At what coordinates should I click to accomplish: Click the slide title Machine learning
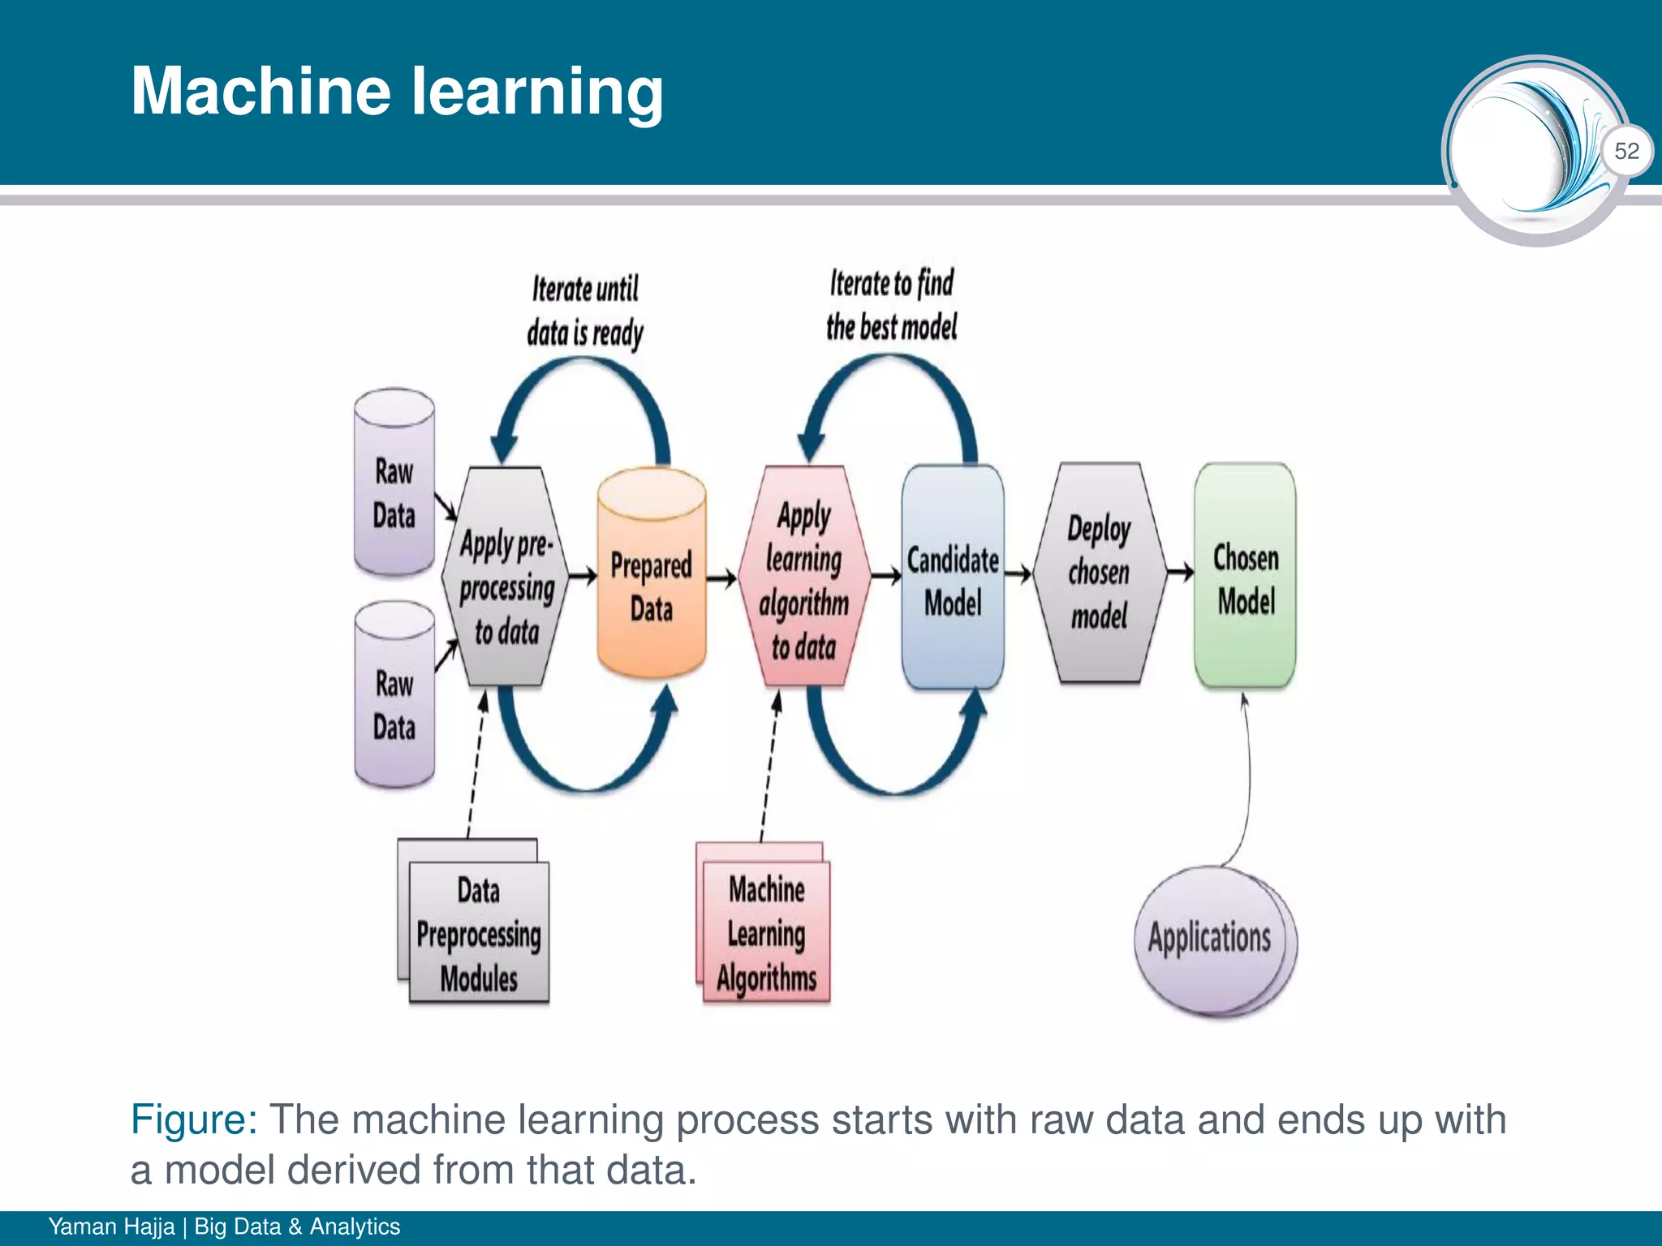click(397, 91)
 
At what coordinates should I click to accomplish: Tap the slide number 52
click(1626, 151)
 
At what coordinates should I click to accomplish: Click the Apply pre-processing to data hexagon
click(506, 578)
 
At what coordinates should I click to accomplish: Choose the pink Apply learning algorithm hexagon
click(804, 578)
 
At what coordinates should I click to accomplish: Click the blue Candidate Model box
click(953, 578)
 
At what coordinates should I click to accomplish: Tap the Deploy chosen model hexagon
click(1099, 573)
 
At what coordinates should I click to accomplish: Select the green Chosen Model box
click(1245, 576)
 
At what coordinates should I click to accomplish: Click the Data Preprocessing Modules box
click(479, 933)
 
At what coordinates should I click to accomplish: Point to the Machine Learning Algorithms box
click(766, 933)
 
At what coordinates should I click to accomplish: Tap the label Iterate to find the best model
click(891, 305)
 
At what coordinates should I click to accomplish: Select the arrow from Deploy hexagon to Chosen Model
click(1179, 573)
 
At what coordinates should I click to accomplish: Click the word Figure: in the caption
click(194, 1120)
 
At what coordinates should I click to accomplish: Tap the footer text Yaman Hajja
click(111, 1227)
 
